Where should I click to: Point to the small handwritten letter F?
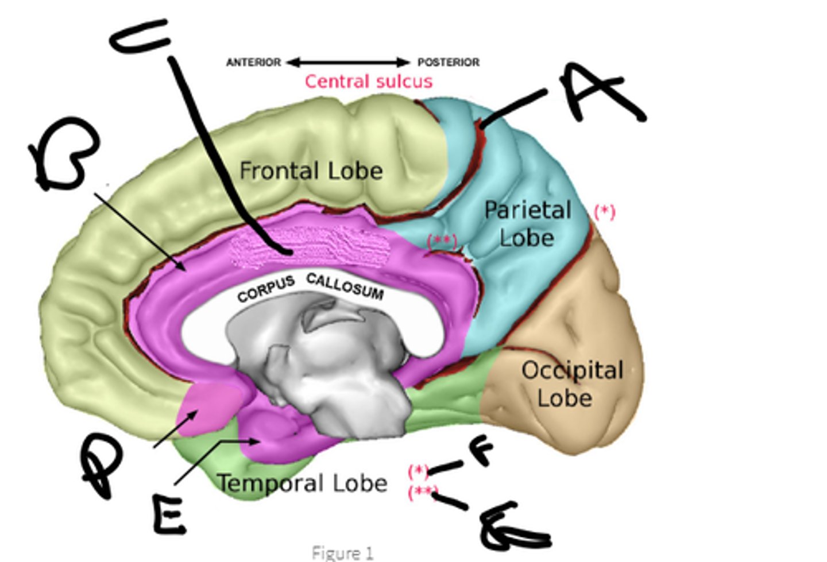point(481,451)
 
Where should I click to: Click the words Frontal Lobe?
point(311,171)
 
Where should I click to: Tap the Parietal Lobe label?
point(527,223)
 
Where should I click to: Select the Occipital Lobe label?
point(571,383)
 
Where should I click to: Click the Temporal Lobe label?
point(303,483)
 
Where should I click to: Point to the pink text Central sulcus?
point(368,82)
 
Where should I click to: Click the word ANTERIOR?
point(253,62)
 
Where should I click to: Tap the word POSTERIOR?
point(448,62)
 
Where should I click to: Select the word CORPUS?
point(266,289)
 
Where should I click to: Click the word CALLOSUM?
point(345,286)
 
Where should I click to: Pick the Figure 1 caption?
point(342,553)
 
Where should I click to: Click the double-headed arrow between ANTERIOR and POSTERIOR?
point(349,62)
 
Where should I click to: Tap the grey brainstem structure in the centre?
point(322,367)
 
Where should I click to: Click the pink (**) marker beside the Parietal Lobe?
point(442,241)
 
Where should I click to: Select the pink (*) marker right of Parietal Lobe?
point(604,212)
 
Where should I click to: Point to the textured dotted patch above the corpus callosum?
point(310,247)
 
